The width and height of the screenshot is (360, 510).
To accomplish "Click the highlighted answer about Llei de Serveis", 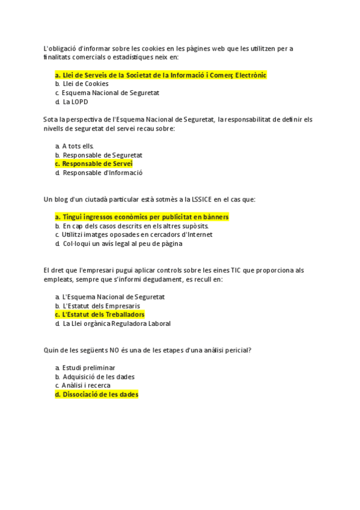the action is (x=160, y=75).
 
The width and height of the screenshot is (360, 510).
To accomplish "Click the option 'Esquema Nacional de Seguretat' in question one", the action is (x=110, y=93).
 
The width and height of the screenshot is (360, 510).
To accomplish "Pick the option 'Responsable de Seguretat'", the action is (x=102, y=155).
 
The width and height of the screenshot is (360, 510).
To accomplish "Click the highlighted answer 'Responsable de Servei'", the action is (x=97, y=164).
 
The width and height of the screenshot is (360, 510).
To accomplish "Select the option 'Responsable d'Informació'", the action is (x=102, y=173).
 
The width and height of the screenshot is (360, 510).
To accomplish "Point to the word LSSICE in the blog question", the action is (x=195, y=199).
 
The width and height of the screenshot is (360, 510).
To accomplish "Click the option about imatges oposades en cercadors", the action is (x=137, y=235).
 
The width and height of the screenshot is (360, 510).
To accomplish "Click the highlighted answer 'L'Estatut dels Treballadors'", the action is (x=103, y=315).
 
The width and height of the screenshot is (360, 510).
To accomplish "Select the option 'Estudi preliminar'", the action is (x=88, y=367).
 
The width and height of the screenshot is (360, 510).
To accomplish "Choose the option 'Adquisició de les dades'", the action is (x=98, y=376).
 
